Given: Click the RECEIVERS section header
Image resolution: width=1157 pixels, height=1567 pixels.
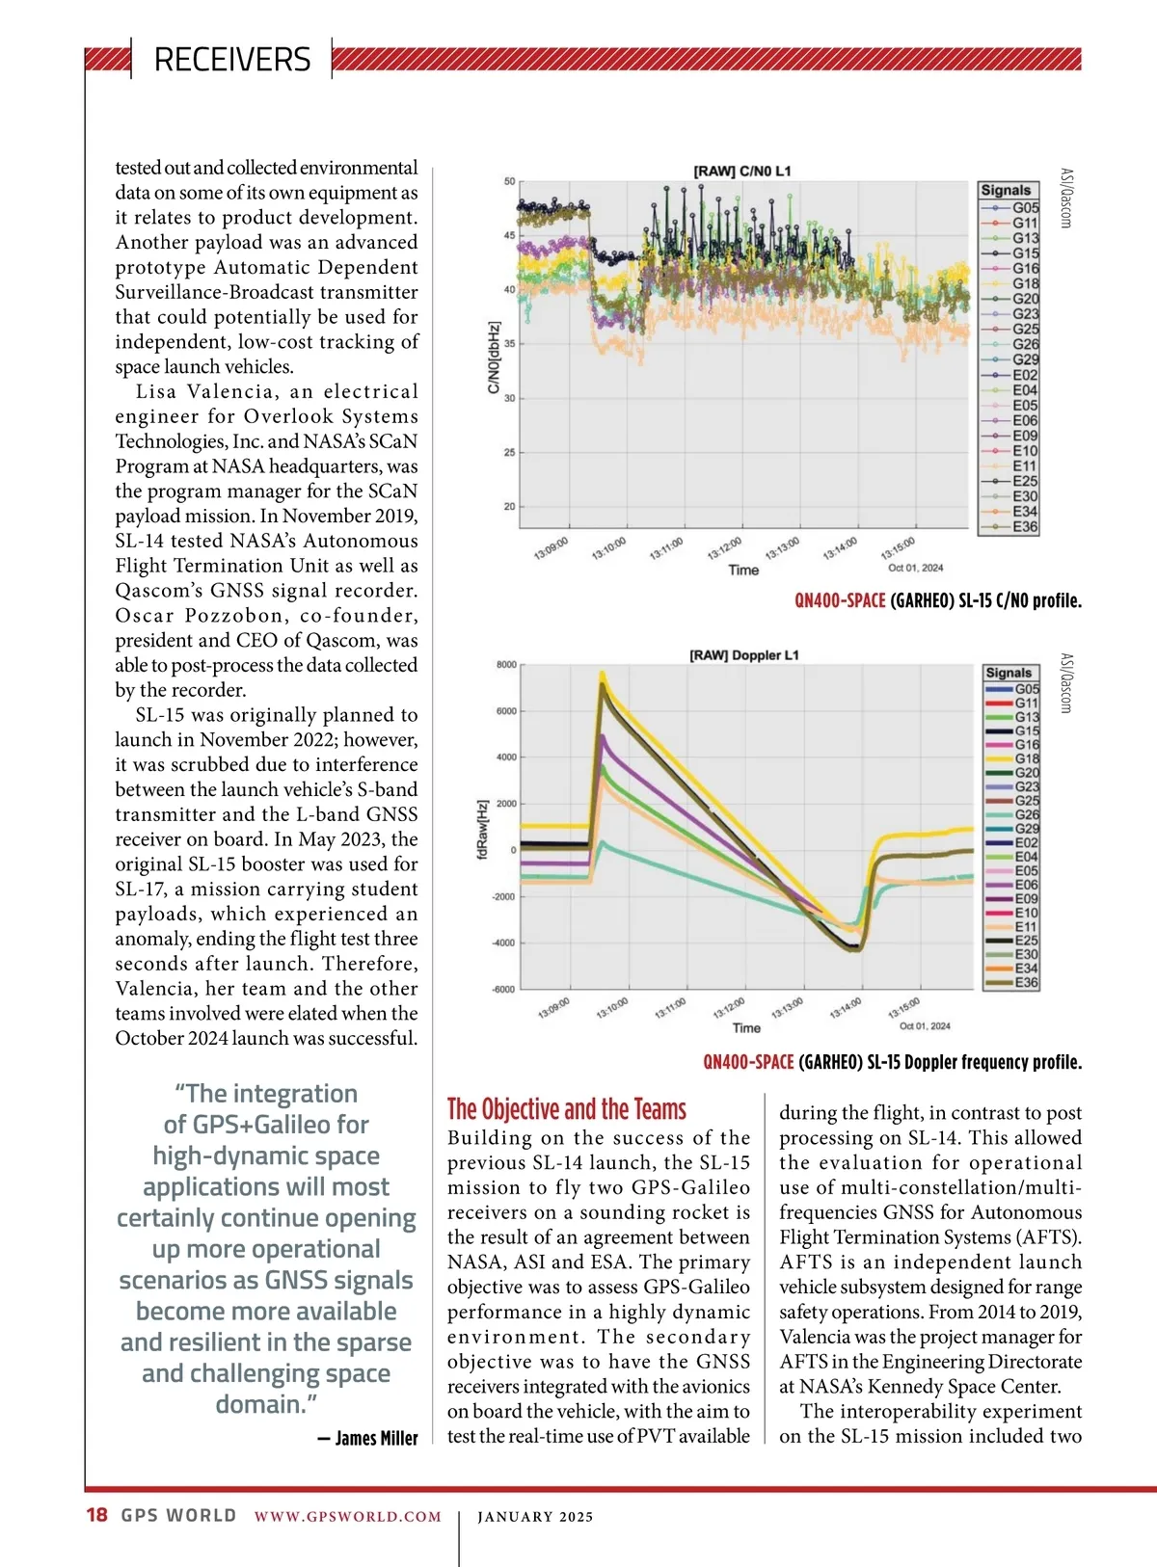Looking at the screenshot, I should (x=232, y=60).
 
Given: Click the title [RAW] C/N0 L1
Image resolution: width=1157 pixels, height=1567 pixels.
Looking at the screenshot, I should (x=741, y=171).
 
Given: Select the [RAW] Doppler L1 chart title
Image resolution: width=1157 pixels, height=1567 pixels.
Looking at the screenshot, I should (x=743, y=655).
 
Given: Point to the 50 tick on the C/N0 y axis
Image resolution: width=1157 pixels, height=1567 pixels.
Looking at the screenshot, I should (x=510, y=181).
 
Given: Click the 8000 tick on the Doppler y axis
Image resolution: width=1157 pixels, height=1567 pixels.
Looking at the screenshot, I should (x=506, y=665).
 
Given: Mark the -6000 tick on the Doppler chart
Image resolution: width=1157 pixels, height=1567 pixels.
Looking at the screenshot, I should (x=504, y=990).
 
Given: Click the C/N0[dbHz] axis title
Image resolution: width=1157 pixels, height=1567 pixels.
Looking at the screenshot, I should (x=494, y=358).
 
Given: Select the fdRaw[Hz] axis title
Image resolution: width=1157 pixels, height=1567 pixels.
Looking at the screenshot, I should (x=483, y=828).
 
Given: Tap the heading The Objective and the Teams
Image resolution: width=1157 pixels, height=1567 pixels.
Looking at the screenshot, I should (x=567, y=1109).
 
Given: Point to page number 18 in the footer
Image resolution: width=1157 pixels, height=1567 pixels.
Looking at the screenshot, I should (x=96, y=1515).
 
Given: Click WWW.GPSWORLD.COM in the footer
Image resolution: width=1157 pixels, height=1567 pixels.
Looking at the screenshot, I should (x=348, y=1517).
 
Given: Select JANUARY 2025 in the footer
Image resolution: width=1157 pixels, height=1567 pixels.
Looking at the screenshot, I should (x=535, y=1517).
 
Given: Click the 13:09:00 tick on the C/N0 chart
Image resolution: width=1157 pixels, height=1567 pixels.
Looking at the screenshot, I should (x=551, y=549).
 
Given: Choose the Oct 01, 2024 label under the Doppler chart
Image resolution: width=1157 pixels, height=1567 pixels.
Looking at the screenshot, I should (x=925, y=1025).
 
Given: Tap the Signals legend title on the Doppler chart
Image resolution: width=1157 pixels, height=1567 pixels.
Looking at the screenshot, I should (x=1009, y=673).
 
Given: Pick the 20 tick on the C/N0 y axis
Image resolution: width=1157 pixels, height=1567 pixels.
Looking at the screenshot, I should (x=510, y=506).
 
